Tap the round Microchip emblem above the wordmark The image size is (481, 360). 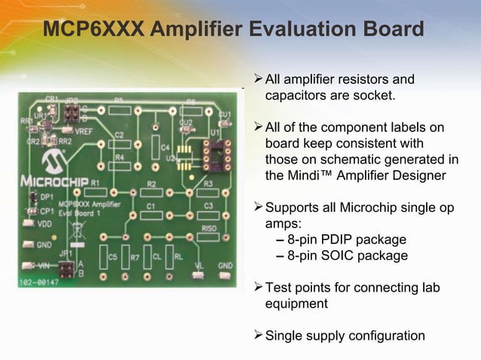[x=51, y=161]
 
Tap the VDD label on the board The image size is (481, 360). [x=44, y=224]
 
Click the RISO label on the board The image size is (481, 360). [x=210, y=227]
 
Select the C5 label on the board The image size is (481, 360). [x=112, y=257]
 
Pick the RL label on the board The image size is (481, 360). [x=178, y=256]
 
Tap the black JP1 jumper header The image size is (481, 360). [x=65, y=268]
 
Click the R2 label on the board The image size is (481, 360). [x=152, y=185]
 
